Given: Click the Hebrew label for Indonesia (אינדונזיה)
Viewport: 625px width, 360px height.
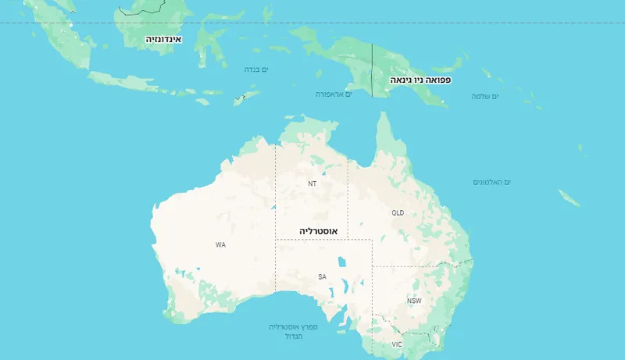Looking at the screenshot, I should [x=163, y=38].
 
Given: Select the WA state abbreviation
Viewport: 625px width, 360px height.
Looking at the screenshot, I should [x=220, y=244].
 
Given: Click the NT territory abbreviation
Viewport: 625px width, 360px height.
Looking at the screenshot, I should [x=312, y=184].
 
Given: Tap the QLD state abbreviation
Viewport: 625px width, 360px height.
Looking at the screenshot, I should [x=398, y=212].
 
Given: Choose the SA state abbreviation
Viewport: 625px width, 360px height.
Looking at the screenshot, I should [x=321, y=276].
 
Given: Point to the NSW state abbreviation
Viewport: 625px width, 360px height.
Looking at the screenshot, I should [x=413, y=301].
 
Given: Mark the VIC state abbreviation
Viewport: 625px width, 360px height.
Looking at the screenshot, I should [x=397, y=344].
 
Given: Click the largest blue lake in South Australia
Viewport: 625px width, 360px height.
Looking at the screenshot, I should [x=341, y=262].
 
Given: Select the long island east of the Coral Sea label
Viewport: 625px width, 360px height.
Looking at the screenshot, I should [x=569, y=198].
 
